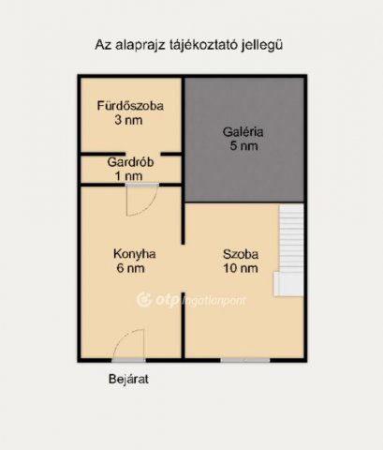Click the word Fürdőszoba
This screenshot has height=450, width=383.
click(x=130, y=106)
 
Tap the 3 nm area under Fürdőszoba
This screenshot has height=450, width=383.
click(x=128, y=120)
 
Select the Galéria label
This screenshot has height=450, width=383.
click(x=243, y=132)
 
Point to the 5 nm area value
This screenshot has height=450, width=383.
click(x=243, y=146)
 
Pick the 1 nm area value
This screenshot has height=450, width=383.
click(x=128, y=176)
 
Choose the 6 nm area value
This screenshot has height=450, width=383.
click(x=130, y=268)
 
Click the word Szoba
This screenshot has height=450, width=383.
click(x=241, y=254)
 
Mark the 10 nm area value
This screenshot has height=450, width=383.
click(x=241, y=268)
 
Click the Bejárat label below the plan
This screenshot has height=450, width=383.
click(x=128, y=379)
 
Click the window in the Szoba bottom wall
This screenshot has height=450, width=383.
click(x=245, y=360)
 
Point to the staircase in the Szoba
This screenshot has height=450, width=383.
click(x=290, y=250)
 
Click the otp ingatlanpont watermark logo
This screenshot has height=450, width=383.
click(x=191, y=300)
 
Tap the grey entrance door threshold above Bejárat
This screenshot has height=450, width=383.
click(x=128, y=360)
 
